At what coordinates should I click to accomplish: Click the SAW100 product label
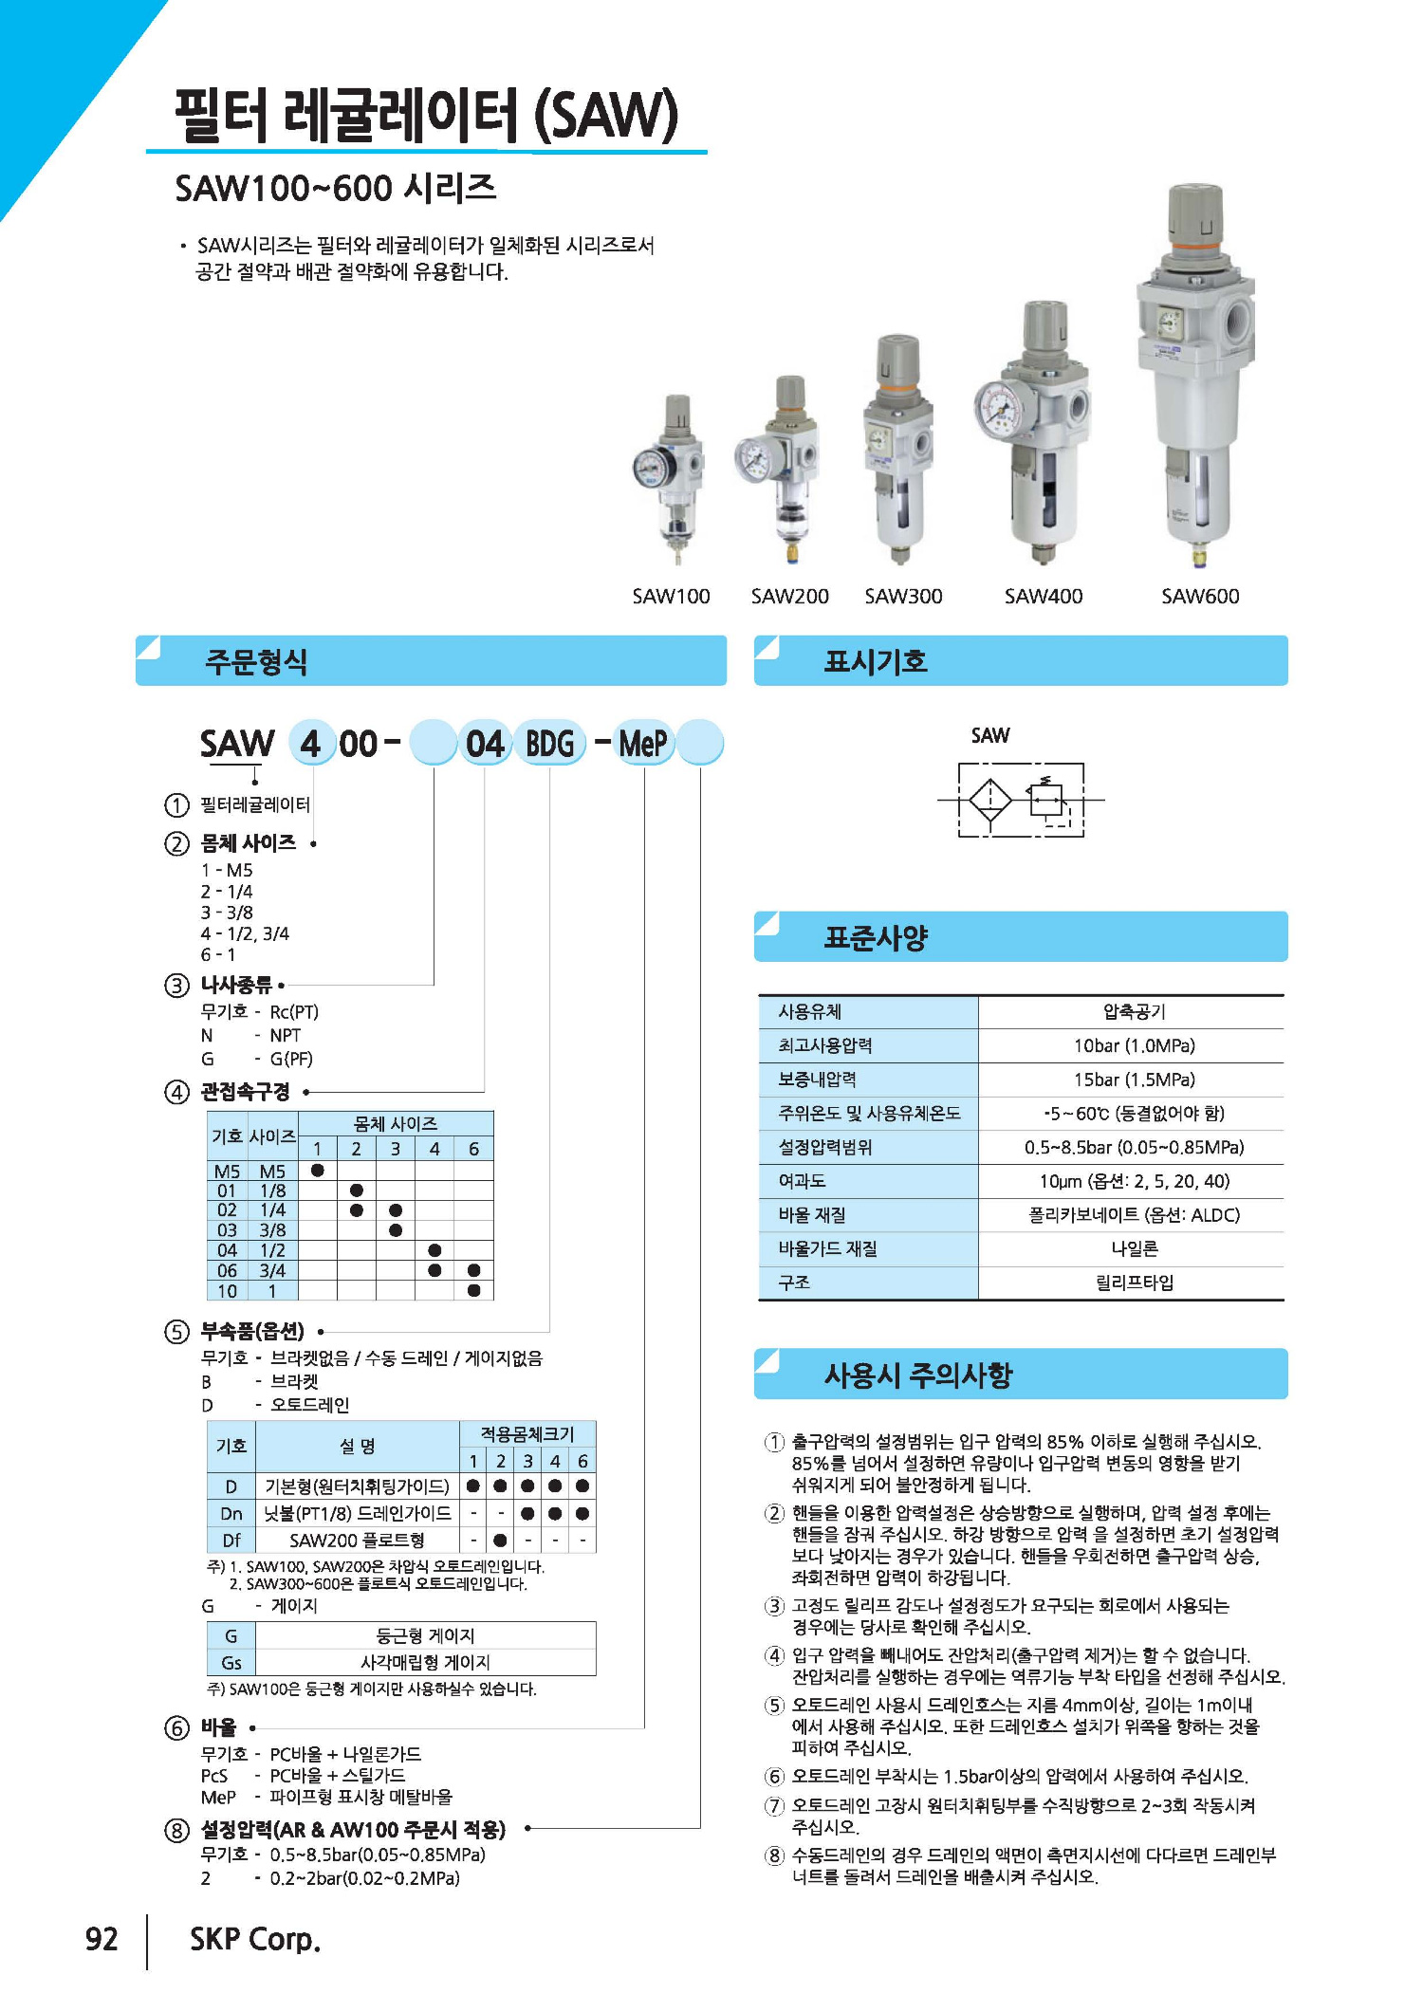tap(671, 596)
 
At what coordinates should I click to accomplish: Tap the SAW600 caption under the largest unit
tap(1200, 596)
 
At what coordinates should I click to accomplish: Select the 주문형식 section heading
tap(256, 661)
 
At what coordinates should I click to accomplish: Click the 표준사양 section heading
tap(876, 937)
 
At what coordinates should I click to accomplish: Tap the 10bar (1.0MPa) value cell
tap(1134, 1045)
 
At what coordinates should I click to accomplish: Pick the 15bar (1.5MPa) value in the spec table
tap(1134, 1080)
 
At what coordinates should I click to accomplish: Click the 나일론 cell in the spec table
tap(1134, 1248)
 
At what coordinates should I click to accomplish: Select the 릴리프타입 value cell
tap(1134, 1283)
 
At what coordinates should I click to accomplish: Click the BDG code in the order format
tap(550, 744)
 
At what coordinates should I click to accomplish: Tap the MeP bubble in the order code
tap(643, 744)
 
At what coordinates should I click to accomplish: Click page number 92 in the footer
tap(102, 1939)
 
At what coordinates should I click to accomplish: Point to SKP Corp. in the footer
tap(255, 1939)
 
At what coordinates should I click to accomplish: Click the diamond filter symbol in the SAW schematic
tap(990, 800)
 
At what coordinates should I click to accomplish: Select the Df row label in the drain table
tap(231, 1540)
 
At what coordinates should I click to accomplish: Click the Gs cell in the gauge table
tap(231, 1663)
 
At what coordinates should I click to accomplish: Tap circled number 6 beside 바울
tap(177, 1728)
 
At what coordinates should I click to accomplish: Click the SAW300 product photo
tap(896, 451)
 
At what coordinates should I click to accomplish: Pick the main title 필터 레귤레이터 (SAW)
tap(426, 116)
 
